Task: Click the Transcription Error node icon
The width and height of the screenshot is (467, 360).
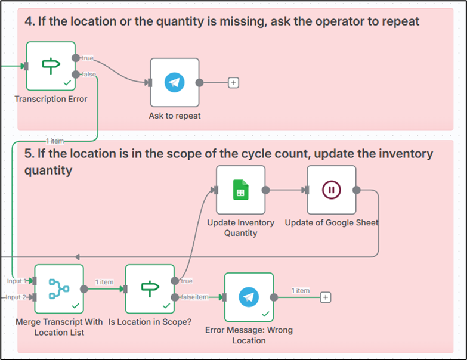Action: tap(51, 65)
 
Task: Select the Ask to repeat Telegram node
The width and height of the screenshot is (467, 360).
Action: tap(174, 82)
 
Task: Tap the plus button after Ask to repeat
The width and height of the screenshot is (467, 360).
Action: tap(234, 83)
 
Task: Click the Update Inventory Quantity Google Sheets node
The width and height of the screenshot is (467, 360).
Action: tap(240, 190)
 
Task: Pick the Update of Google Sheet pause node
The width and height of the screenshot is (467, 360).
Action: tap(331, 190)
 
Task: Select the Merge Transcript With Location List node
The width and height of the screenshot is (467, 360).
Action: tap(58, 289)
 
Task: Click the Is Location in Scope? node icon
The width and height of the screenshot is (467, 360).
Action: tap(150, 289)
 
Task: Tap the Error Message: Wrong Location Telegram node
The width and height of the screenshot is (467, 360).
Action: tap(249, 297)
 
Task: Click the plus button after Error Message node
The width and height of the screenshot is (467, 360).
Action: tap(325, 297)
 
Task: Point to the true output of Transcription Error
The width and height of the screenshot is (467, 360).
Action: tap(76, 58)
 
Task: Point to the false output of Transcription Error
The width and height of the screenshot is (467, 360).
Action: tap(76, 74)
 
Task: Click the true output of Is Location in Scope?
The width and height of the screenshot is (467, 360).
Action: tap(174, 281)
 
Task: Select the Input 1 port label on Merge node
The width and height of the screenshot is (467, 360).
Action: tap(16, 281)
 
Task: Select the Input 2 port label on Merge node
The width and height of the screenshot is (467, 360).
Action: tap(16, 297)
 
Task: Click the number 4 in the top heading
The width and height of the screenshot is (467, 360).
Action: tap(28, 22)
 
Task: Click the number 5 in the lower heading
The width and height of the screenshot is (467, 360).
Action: tap(28, 154)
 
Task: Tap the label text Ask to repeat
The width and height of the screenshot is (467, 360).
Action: tap(175, 116)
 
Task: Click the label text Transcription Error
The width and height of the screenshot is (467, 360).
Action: tap(51, 99)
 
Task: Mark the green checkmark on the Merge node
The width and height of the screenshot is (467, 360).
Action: tap(76, 305)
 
